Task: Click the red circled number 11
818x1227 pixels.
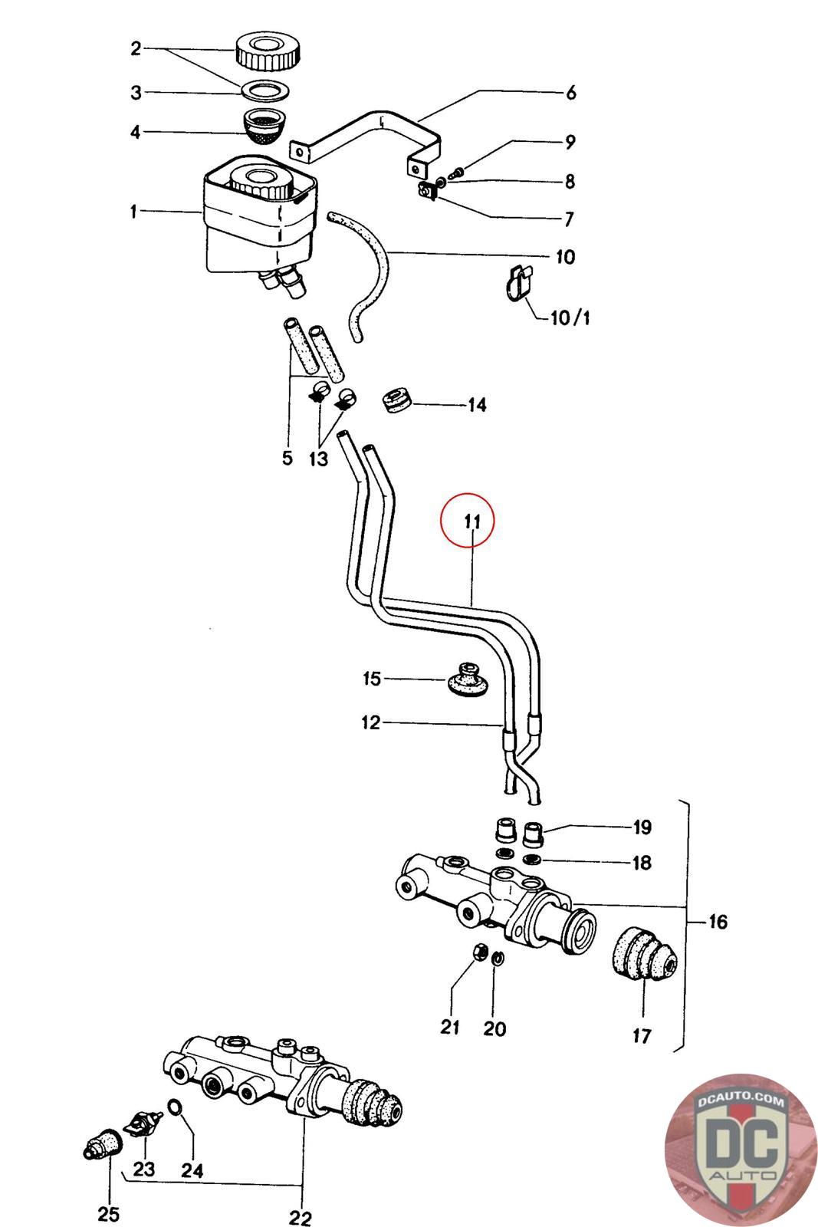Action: (x=467, y=521)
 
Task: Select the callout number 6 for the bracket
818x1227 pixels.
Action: (x=570, y=93)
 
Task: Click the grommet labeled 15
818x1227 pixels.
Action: (x=465, y=681)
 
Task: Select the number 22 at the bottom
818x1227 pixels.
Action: (x=301, y=1217)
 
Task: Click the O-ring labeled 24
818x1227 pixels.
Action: (x=175, y=1107)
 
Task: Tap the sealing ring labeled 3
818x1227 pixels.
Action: (x=265, y=90)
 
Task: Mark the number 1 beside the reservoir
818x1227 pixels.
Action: (x=133, y=211)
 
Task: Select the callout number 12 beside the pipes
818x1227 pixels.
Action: (x=371, y=722)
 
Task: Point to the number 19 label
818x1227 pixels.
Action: (x=642, y=827)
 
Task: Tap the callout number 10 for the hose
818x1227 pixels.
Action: (x=565, y=256)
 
